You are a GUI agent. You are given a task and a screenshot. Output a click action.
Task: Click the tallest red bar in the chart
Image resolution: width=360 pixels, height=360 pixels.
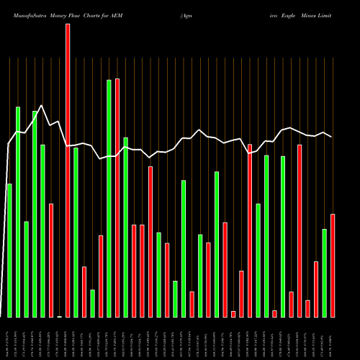68,170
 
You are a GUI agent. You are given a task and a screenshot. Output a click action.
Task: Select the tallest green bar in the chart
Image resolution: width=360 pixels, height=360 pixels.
109,198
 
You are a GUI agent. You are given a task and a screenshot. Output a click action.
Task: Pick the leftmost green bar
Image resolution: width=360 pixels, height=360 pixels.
9,251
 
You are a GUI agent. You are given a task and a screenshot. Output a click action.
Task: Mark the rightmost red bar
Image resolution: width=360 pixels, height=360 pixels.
333,266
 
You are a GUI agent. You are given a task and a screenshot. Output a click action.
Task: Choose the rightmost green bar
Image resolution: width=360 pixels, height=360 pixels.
325,273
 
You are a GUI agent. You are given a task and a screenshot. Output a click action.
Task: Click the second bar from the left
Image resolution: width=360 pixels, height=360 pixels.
18,212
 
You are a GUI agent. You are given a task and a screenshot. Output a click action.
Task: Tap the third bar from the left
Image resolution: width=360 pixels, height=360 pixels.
26,269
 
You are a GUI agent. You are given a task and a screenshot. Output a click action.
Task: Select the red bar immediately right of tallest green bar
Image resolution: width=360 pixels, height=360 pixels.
117,198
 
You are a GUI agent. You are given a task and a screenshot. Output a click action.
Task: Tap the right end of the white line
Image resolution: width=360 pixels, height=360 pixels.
332,136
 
